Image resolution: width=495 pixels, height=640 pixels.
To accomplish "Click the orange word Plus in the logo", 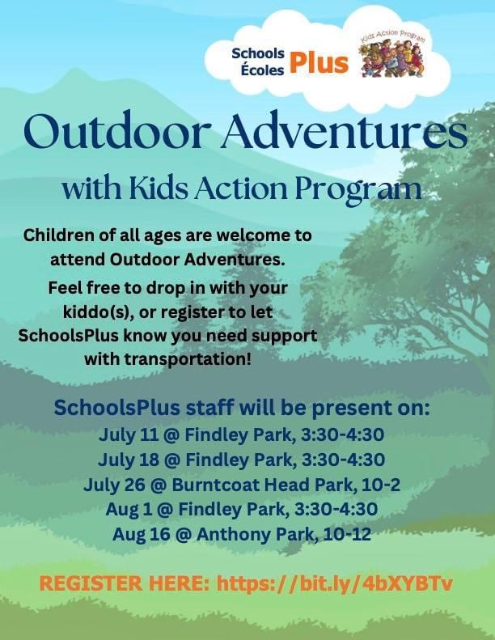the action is pyautogui.click(x=319, y=64).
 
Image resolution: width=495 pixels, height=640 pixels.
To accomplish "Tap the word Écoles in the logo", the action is pyautogui.click(x=262, y=70).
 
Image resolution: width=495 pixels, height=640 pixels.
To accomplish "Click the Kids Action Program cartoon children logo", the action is pyautogui.click(x=392, y=54).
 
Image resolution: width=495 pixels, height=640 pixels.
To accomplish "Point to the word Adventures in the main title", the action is pyautogui.click(x=344, y=131).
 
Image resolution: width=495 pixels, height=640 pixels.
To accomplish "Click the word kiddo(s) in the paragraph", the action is pyautogui.click(x=99, y=312).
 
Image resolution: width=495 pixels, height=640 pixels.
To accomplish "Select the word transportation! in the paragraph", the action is pyautogui.click(x=188, y=359).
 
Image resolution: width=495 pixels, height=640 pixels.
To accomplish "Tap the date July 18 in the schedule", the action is pyautogui.click(x=128, y=460).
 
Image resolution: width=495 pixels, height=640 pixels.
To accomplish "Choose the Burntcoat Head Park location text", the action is pyautogui.click(x=261, y=485).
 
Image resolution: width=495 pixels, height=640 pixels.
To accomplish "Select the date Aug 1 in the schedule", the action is pyautogui.click(x=129, y=510).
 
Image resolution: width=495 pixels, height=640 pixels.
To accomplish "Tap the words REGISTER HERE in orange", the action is pyautogui.click(x=124, y=583).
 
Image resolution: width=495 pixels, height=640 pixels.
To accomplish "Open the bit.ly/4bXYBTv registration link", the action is pyautogui.click(x=335, y=584).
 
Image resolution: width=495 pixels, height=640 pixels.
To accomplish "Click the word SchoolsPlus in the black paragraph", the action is pyautogui.click(x=69, y=336).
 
